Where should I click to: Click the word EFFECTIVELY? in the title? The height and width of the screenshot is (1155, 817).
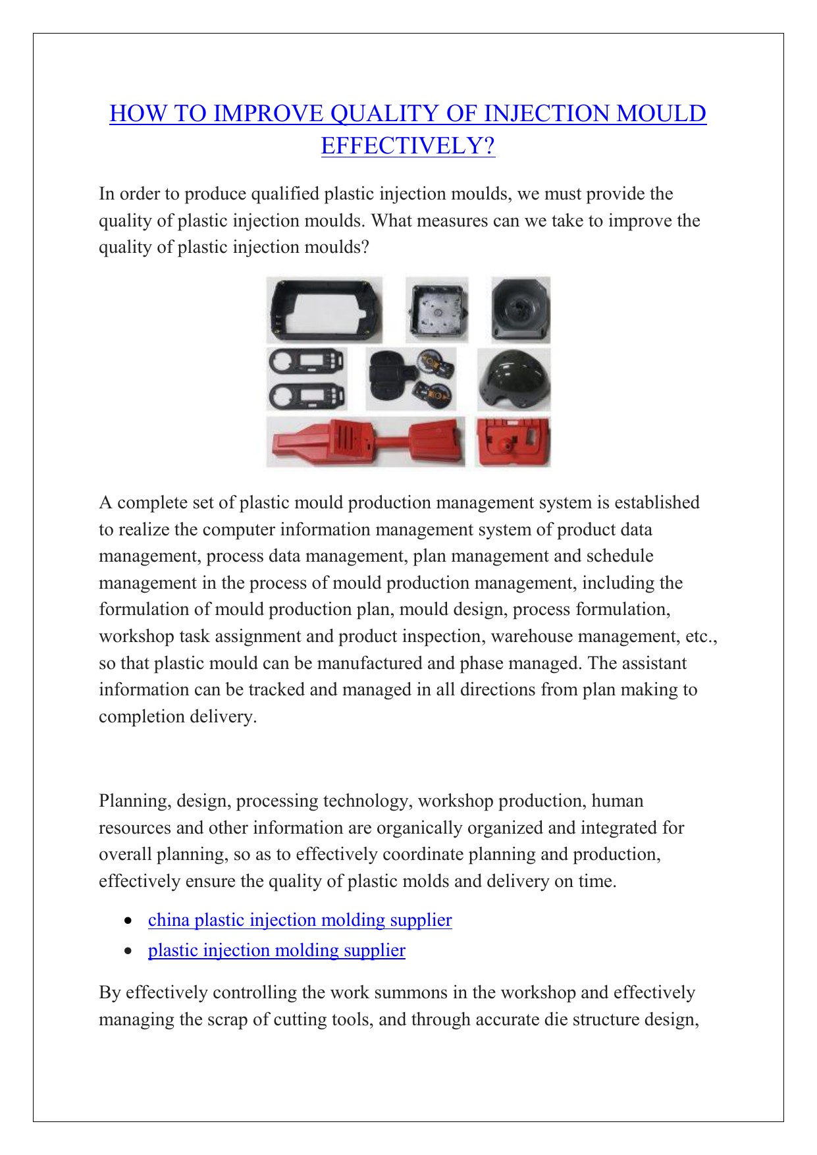pos(408,146)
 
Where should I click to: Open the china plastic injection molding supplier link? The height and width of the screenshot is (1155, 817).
pos(300,920)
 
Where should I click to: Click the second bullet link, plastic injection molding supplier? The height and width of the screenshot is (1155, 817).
pos(277,950)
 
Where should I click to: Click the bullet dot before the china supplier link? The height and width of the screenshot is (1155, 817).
pos(130,921)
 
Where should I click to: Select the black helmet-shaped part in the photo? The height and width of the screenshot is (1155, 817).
pos(514,381)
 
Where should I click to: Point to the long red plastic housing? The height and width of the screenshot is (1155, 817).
pos(365,442)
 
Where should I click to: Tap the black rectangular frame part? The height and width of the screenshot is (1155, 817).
pos(325,309)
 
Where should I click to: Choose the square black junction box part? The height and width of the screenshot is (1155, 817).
pos(436,310)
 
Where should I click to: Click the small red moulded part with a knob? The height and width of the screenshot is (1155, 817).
pos(513,442)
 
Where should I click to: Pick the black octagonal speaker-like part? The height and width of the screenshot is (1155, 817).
pos(520,309)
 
